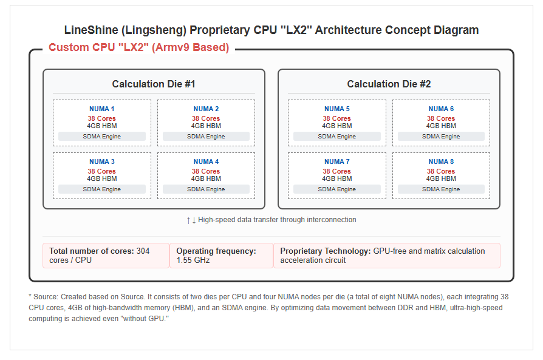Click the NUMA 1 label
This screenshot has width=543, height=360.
click(x=101, y=109)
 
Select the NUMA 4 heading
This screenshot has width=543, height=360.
click(x=206, y=161)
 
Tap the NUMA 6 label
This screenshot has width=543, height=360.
click(x=441, y=109)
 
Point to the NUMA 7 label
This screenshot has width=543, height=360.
click(x=337, y=161)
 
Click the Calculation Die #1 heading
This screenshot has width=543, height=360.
click(x=154, y=84)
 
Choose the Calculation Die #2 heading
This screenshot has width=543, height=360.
click(x=389, y=84)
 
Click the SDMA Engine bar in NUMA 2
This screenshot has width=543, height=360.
click(x=206, y=137)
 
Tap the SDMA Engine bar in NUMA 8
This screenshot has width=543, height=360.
click(x=441, y=189)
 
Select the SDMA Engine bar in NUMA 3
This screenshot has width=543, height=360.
click(x=102, y=189)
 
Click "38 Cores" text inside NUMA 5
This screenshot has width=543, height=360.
click(x=337, y=118)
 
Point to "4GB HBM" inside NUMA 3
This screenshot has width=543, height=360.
click(x=102, y=178)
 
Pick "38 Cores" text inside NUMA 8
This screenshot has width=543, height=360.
click(x=441, y=171)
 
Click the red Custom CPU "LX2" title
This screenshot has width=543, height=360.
click(x=139, y=47)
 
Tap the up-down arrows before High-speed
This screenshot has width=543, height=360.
click(x=191, y=220)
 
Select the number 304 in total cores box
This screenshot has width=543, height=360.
click(x=143, y=251)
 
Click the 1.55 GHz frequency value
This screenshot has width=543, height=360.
click(x=193, y=260)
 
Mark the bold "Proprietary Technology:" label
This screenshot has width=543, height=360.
click(x=326, y=251)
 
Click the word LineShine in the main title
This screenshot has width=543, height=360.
click(x=91, y=30)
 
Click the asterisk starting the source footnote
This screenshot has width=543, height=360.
click(x=30, y=296)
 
